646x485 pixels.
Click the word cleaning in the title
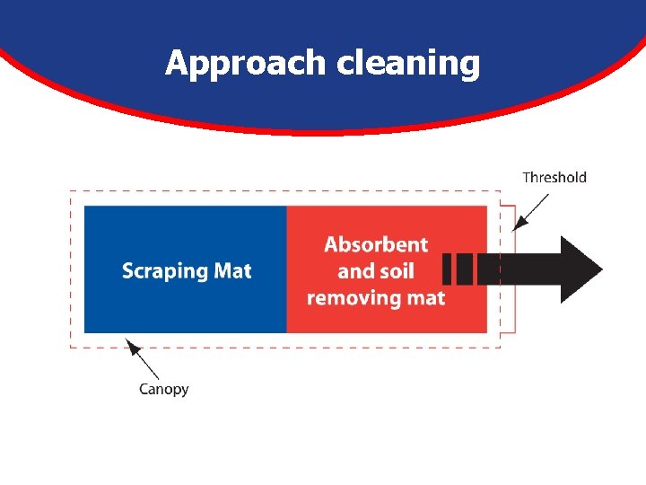408,64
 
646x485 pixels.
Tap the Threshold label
554,177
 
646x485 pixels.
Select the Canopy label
164,389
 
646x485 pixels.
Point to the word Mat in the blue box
231,270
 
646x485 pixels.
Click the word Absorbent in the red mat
376,244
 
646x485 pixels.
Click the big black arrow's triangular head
580,269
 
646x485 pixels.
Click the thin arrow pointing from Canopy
144,359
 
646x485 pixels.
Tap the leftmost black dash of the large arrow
449,269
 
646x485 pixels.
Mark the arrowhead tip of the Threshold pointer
512,231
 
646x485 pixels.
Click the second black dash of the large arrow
466,269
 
